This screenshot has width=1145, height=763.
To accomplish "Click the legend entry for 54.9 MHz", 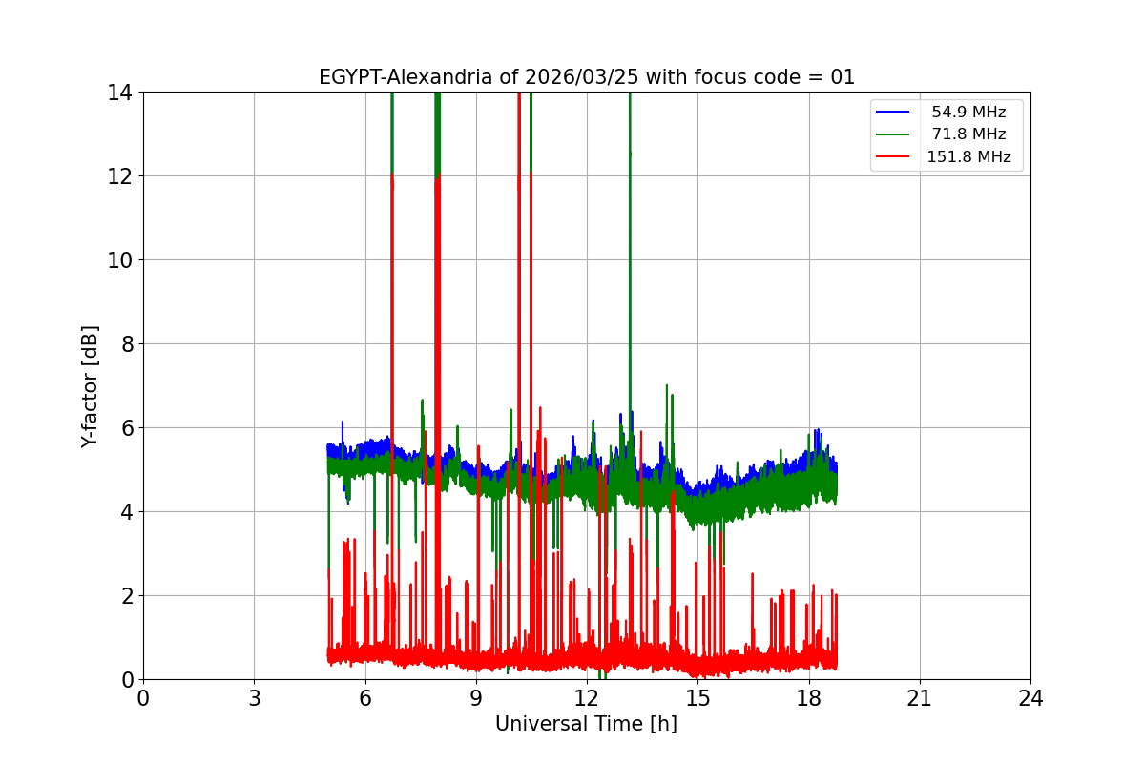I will (968, 113).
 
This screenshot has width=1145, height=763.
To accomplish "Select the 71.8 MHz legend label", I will (968, 134).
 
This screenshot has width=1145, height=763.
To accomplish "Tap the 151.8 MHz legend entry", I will (968, 157).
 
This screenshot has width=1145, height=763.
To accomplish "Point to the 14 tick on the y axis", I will (121, 93).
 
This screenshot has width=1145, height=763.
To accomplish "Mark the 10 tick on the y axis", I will (121, 260).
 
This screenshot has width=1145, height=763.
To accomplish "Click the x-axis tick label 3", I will (254, 698).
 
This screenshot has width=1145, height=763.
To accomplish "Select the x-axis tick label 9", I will (476, 698).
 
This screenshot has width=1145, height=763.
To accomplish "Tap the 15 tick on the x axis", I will (697, 698).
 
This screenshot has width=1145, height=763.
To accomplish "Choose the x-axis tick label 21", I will (920, 698).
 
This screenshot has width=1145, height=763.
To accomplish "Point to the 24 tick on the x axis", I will (1030, 698).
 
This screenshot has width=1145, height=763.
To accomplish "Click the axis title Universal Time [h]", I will (586, 725).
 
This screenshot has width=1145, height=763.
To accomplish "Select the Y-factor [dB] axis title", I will (91, 386).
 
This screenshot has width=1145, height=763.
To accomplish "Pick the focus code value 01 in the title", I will (843, 77).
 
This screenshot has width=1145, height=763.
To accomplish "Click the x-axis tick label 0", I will (143, 698).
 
